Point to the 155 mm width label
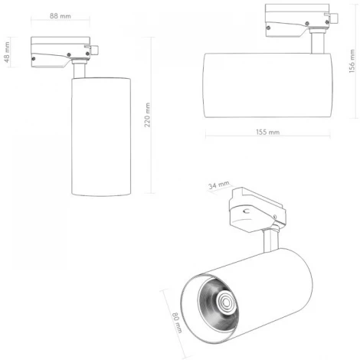(x=267, y=133)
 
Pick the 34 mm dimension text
(x=219, y=185)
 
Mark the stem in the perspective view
(x=270, y=241)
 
